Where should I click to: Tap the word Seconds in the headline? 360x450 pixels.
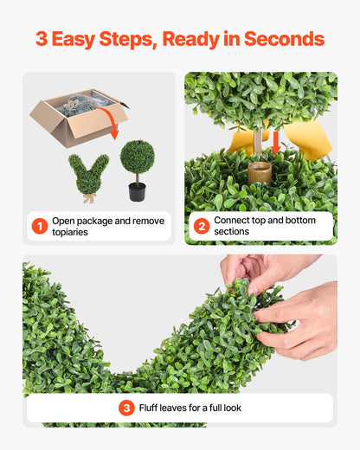pos(285,39)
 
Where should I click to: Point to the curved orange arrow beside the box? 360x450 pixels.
pos(113,125)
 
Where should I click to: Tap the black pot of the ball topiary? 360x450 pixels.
pos(137,191)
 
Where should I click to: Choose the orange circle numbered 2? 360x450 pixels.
pos(202,227)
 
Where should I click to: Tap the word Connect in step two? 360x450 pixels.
pos(234,221)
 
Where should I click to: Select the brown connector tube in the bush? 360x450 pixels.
pos(259,170)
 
